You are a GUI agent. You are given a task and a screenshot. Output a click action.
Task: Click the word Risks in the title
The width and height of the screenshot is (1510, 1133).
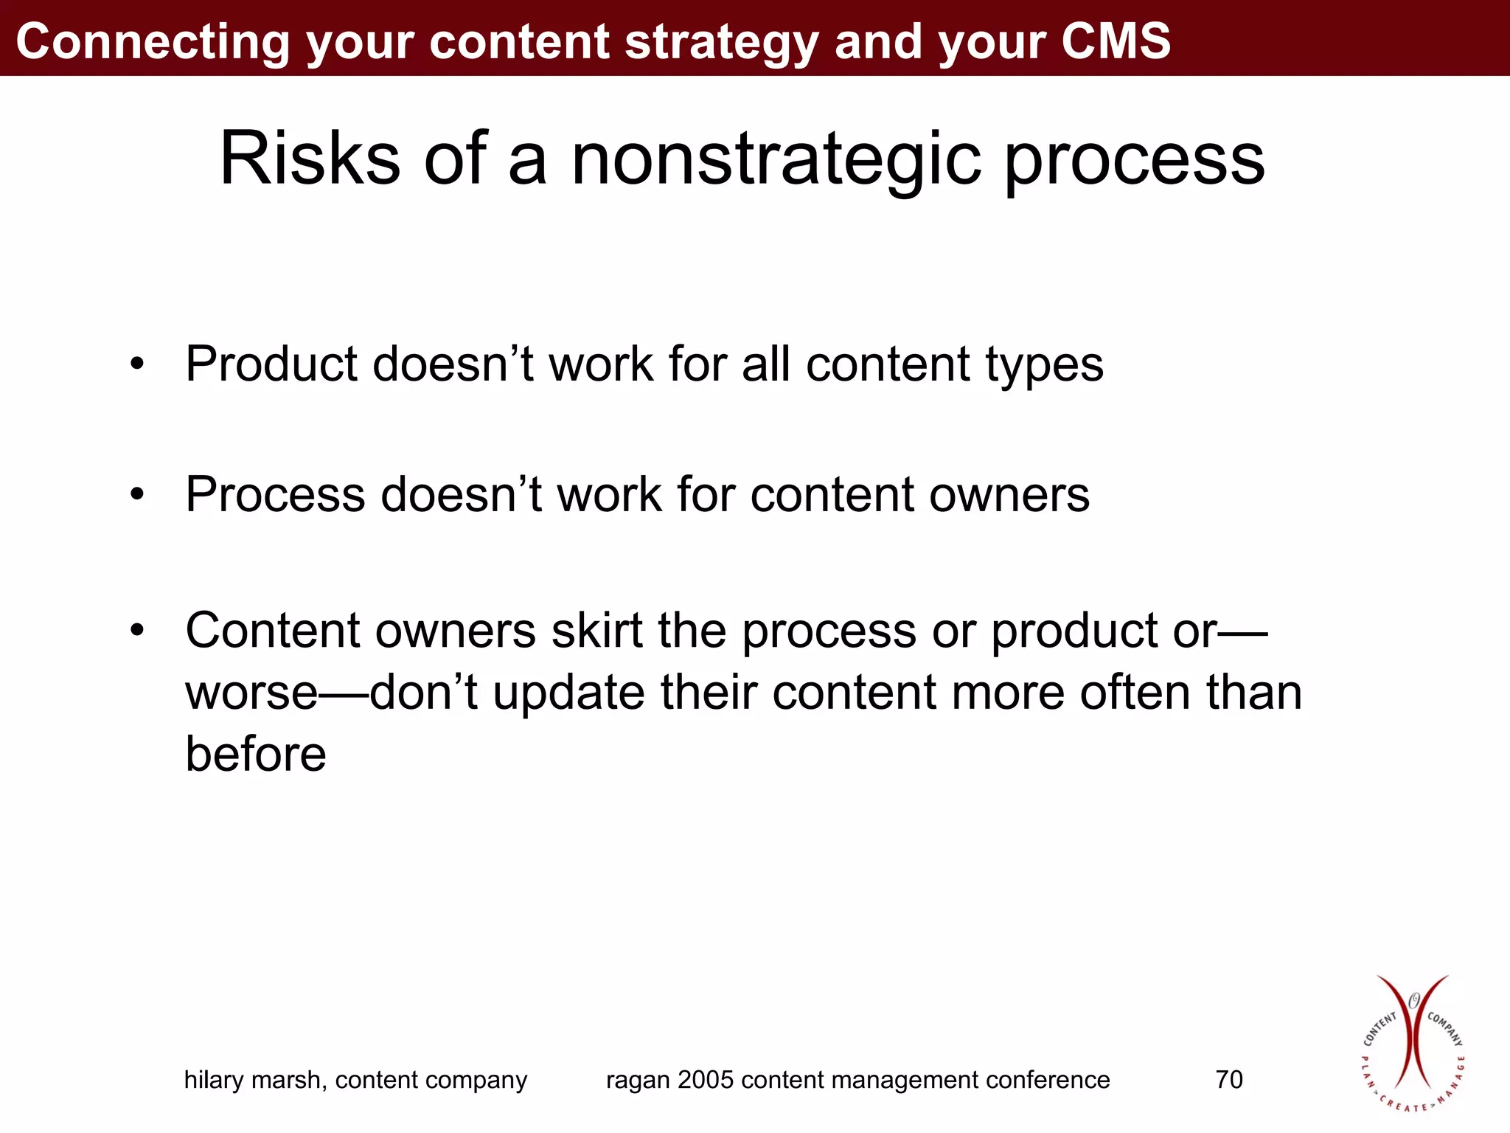(310, 159)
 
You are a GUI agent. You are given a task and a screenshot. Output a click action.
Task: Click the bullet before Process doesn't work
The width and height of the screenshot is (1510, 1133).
(137, 494)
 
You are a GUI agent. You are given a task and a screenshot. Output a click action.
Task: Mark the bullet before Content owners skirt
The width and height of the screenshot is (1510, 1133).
(137, 631)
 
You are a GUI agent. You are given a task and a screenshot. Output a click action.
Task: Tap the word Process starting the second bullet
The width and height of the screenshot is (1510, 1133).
(274, 494)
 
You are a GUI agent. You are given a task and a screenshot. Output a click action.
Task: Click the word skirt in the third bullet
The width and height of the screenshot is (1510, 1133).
(596, 631)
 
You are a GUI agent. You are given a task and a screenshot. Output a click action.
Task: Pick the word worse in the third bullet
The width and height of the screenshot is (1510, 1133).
(251, 693)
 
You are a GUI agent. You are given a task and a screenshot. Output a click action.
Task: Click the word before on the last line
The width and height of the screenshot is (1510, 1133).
(255, 754)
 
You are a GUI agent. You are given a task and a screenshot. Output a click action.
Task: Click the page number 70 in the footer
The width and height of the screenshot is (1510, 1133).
(1229, 1080)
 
